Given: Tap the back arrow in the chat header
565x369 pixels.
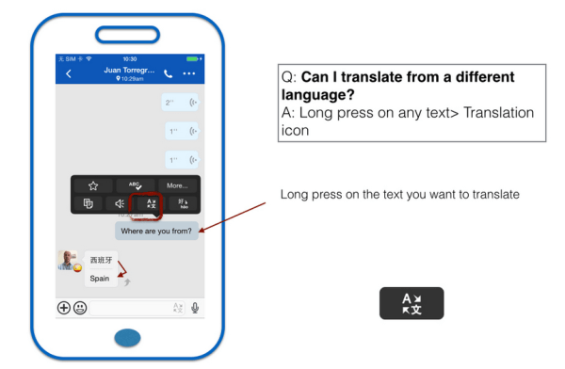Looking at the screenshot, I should pos(68,73).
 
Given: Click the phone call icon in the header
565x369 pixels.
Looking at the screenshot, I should pos(168,73).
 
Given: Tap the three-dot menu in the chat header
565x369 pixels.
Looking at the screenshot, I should pos(189,73).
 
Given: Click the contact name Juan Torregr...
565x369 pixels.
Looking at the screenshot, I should pos(125,70).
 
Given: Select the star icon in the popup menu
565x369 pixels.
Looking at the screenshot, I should pos(92,185).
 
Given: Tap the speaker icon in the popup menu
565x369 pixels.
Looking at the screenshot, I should pos(120,203).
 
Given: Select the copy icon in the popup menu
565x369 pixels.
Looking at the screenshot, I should pos(89,203).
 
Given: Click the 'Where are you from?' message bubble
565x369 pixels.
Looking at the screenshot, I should pos(156,231).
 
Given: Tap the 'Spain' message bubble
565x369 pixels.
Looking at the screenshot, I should pos(99,279).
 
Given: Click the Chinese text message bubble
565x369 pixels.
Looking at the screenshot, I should pos(100,260).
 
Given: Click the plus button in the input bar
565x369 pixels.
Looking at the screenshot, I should pos(64,307).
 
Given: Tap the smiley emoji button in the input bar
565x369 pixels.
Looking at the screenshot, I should pos(80,307).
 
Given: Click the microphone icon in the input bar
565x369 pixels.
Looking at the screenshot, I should pos(195,307).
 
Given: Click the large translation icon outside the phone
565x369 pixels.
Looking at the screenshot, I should pos(412,303).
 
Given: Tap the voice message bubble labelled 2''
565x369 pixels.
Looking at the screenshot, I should pos(180,102).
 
